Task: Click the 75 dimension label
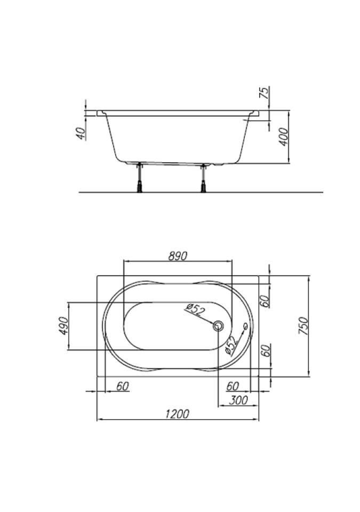(x=265, y=92)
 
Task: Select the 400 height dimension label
(x=284, y=137)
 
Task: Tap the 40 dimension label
(x=81, y=133)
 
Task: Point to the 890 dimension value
(x=178, y=257)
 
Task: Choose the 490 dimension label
(x=63, y=325)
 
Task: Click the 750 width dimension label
(x=303, y=325)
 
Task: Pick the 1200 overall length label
(x=177, y=414)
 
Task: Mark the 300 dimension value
(x=238, y=400)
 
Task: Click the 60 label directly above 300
(x=233, y=386)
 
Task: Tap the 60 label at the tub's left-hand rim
(x=123, y=386)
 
